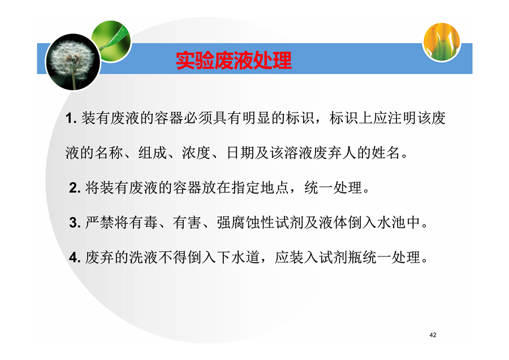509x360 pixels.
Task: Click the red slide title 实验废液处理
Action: pos(234,61)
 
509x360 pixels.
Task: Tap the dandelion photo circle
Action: pos(73,62)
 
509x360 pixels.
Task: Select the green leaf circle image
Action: pos(111,41)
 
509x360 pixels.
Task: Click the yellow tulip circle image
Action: pos(442,41)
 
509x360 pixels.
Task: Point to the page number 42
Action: pos(433,335)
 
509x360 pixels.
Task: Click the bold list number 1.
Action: pos(71,118)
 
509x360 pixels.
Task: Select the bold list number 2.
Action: pos(75,188)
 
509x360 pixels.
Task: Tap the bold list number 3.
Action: pos(75,223)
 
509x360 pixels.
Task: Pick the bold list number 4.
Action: pos(75,258)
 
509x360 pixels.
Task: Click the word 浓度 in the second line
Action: pos(196,153)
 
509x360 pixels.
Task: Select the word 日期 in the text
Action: pos(240,153)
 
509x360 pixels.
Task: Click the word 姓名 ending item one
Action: pos(386,153)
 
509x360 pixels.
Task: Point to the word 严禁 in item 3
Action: pos(100,222)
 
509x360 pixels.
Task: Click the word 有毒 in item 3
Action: pos(143,222)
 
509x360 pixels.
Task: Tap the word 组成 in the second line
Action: pos(153,153)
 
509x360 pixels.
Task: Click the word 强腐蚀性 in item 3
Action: pos(245,222)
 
